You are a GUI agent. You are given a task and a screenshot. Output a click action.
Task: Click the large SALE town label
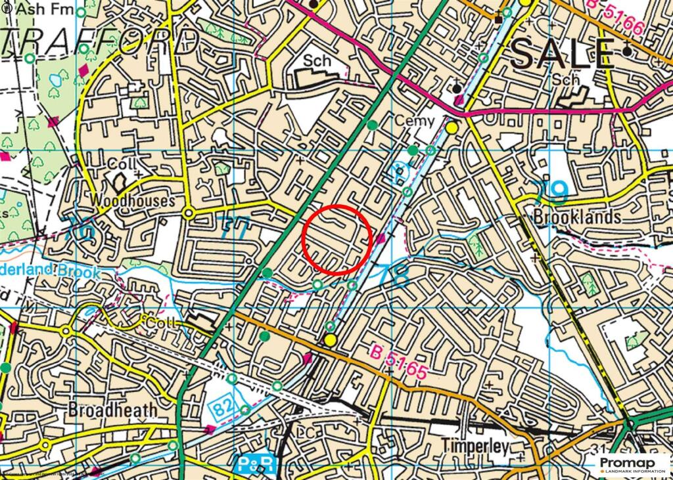(x=563, y=53)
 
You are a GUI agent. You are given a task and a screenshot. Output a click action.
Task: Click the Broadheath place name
(x=113, y=410)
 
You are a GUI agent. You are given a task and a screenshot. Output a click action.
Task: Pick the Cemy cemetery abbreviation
(x=415, y=120)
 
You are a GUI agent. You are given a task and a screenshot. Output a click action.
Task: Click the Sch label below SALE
(x=566, y=79)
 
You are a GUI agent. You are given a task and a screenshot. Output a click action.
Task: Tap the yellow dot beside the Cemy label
(x=452, y=127)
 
